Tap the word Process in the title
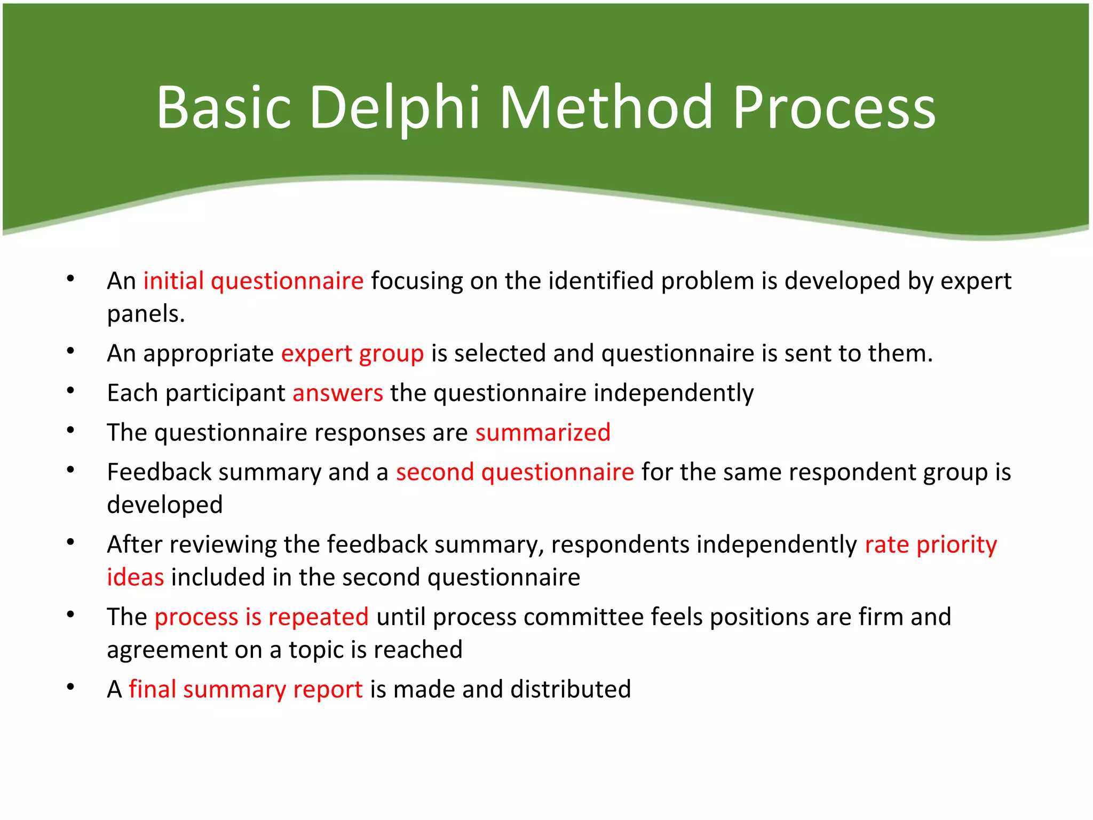click(x=834, y=108)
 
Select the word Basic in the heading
click(x=224, y=108)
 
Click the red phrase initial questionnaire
click(x=254, y=281)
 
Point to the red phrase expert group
click(x=352, y=354)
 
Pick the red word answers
click(x=337, y=393)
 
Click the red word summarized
click(x=543, y=433)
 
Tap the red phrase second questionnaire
click(x=514, y=472)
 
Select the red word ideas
click(x=135, y=578)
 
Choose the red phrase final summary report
click(x=245, y=690)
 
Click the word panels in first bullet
click(x=146, y=314)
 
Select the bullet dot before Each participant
click(x=70, y=391)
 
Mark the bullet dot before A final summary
click(x=70, y=687)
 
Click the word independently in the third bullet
click(x=674, y=393)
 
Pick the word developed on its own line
click(x=164, y=505)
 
